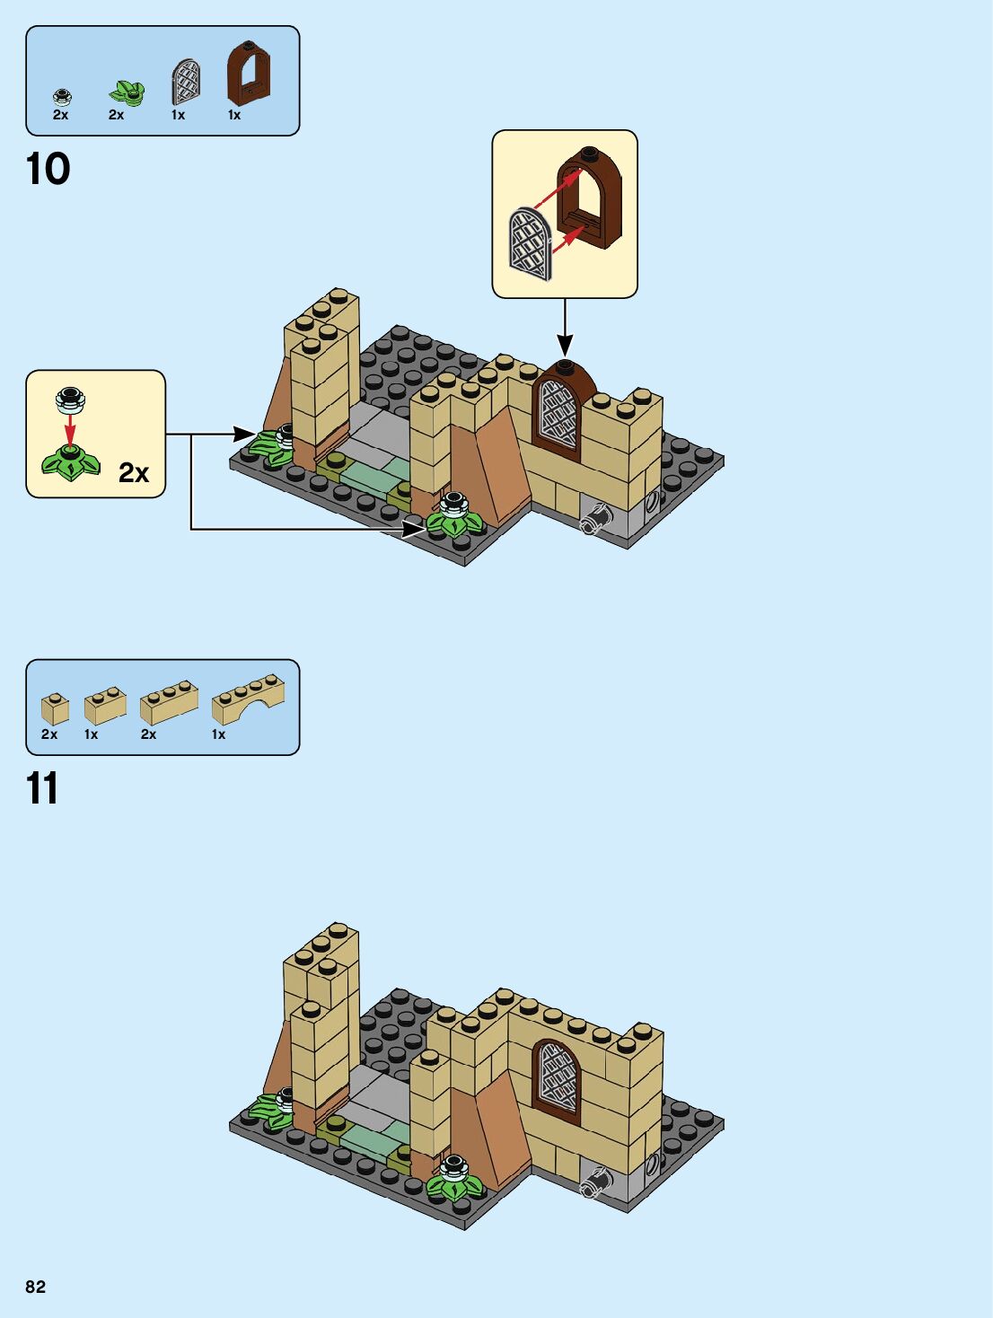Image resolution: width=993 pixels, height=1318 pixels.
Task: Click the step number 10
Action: click(x=48, y=169)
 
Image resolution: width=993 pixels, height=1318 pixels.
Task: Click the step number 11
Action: click(x=42, y=788)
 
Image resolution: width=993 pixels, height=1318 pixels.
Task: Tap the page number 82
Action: click(x=35, y=1287)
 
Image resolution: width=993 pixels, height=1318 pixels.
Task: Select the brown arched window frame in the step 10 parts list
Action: click(x=248, y=74)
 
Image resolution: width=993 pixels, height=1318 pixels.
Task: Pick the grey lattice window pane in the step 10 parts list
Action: click(x=186, y=82)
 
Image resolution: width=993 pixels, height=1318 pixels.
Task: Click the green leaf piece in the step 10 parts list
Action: click(x=127, y=92)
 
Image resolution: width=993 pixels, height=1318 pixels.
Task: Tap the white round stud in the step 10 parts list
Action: click(x=62, y=95)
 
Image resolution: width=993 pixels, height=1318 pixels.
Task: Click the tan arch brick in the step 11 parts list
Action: click(x=248, y=699)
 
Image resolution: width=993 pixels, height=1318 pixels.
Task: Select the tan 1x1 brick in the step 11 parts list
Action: click(x=55, y=708)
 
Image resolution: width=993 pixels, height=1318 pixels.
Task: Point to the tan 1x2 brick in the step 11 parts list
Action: click(x=105, y=705)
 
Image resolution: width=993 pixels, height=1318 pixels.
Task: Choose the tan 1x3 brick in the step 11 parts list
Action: click(x=169, y=702)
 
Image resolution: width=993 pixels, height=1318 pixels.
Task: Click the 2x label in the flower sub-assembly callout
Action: click(x=134, y=472)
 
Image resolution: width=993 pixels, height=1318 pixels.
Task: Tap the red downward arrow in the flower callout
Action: click(x=70, y=430)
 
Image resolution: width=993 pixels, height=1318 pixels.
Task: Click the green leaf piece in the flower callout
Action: click(x=70, y=462)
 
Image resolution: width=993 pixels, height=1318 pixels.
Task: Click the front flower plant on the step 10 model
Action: click(x=454, y=518)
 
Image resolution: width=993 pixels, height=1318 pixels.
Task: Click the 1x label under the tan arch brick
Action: click(x=218, y=734)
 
